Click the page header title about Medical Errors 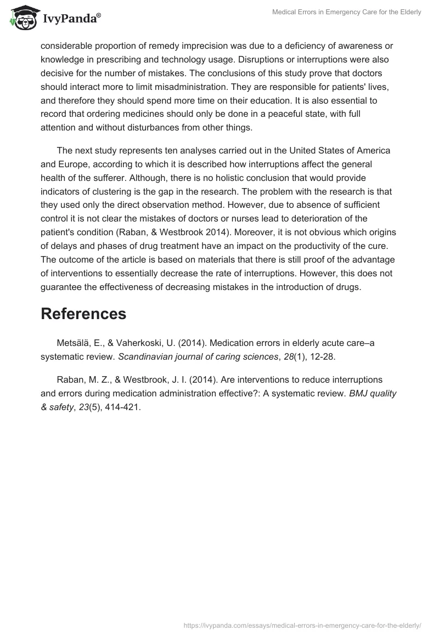point(346,12)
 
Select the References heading point(83,314)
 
